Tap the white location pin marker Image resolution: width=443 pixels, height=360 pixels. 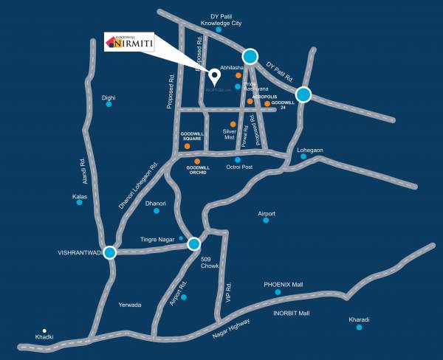(x=215, y=75)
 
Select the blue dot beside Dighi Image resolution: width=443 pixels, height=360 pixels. (x=109, y=104)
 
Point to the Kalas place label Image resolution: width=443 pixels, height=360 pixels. (x=80, y=197)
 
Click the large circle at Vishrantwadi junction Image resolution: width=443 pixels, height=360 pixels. (x=110, y=253)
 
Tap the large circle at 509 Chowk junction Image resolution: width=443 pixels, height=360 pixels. (x=194, y=243)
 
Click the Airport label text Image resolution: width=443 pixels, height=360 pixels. (x=267, y=214)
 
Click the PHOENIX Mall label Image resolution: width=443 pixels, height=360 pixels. (x=284, y=284)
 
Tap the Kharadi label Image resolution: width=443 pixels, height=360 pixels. (x=359, y=319)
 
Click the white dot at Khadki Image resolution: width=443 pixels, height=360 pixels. (x=44, y=330)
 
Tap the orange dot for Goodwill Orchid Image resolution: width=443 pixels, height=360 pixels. (x=197, y=161)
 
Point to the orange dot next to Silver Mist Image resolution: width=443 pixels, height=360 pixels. (x=233, y=124)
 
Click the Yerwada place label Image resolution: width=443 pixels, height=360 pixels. (x=129, y=305)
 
